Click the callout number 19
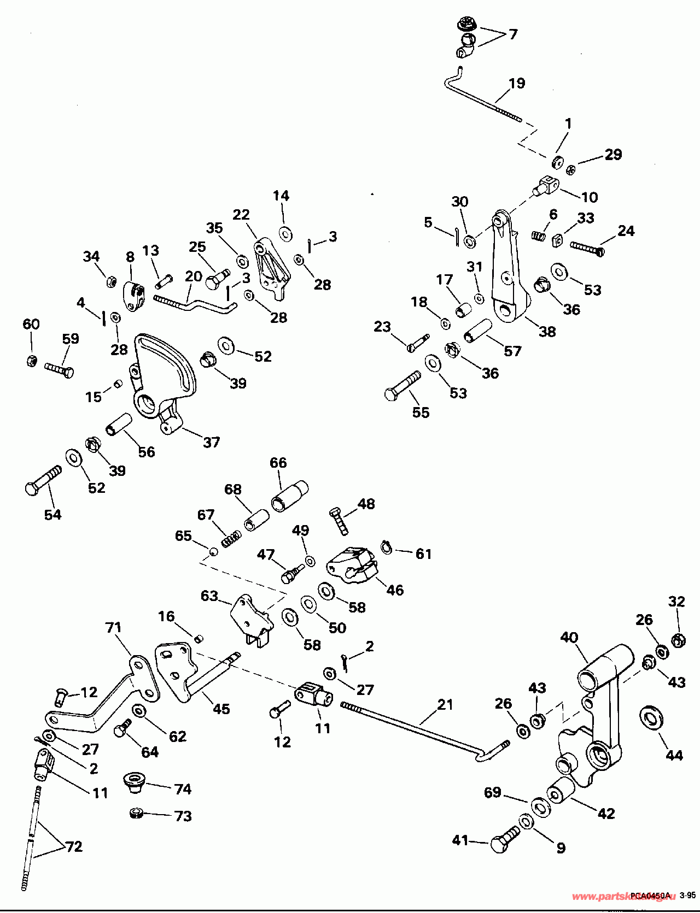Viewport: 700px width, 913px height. [x=516, y=83]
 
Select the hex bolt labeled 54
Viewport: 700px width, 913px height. [x=43, y=480]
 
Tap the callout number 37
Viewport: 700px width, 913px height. [x=211, y=442]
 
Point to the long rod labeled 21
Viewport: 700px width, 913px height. [x=421, y=727]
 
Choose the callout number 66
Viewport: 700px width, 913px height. [x=278, y=462]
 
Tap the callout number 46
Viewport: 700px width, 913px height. [x=395, y=590]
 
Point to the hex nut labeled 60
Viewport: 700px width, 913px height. [x=32, y=361]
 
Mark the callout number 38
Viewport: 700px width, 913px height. [x=547, y=331]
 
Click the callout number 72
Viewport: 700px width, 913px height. [x=74, y=846]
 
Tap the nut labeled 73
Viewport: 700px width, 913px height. [x=136, y=814]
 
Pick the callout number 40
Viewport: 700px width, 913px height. [x=569, y=637]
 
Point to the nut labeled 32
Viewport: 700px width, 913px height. [x=678, y=639]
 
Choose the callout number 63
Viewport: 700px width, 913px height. [x=209, y=596]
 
